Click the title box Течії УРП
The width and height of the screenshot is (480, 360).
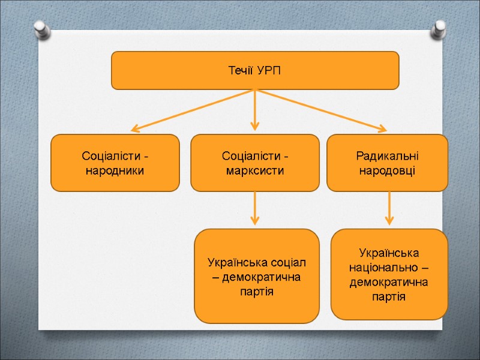[x=255, y=70]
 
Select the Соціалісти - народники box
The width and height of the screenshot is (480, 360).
[x=115, y=163]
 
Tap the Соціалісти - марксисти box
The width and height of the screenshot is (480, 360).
[x=255, y=163]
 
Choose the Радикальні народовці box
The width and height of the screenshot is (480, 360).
[x=387, y=163]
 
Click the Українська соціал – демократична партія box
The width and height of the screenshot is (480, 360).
[x=257, y=277]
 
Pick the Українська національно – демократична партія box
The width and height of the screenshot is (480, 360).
[x=389, y=274]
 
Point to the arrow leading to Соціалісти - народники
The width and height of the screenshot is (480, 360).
[x=192, y=110]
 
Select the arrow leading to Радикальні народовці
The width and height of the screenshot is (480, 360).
[x=321, y=110]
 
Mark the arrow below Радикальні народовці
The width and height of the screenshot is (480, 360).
[x=389, y=208]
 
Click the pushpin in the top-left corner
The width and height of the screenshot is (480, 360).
[x=41, y=28]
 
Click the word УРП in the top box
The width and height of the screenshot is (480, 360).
[x=269, y=71]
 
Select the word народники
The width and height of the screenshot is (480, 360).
[x=115, y=170]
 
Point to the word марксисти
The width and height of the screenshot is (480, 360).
[x=255, y=170]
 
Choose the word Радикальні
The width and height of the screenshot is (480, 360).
[x=387, y=155]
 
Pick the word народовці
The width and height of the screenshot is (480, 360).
[x=387, y=170]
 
